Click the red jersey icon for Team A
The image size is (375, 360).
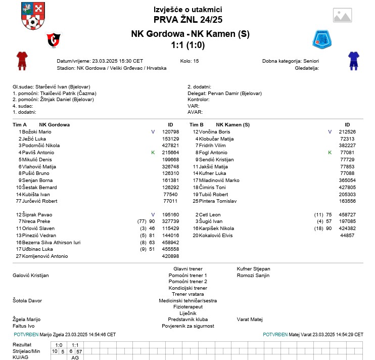click(x=21, y=60)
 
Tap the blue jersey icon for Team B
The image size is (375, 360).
click(x=353, y=60)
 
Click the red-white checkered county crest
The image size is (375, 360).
click(x=33, y=16)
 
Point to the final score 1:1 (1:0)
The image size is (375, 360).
click(x=187, y=45)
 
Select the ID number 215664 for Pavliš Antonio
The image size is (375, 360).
click(x=170, y=152)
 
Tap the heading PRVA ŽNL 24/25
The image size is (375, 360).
click(x=187, y=20)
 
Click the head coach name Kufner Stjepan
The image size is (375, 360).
click(x=253, y=268)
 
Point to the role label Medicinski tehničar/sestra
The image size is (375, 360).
click(x=187, y=300)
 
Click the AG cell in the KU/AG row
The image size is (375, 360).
click(x=75, y=357)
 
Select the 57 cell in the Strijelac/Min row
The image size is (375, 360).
click(x=79, y=351)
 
